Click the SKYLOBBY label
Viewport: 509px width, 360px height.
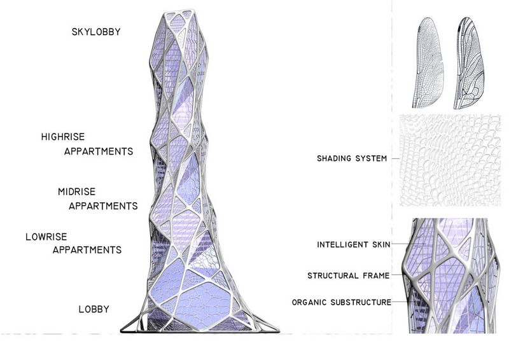click(96, 32)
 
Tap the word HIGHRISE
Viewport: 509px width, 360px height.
click(63, 137)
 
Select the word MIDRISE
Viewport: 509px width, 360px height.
click(76, 191)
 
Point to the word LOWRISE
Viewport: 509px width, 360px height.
click(46, 237)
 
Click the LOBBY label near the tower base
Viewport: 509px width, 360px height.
click(94, 309)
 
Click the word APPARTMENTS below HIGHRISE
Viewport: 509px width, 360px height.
click(99, 151)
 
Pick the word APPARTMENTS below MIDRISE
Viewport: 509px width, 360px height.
click(103, 206)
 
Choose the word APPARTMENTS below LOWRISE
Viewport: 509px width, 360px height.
click(87, 250)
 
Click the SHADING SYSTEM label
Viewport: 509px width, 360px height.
click(352, 158)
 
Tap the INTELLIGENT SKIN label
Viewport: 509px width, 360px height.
click(354, 244)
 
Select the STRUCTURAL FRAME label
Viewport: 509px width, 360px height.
click(348, 275)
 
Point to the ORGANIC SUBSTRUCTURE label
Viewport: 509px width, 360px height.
click(342, 302)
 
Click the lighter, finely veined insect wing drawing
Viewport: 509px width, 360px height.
click(428, 62)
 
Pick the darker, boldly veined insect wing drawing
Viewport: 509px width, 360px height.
click(468, 62)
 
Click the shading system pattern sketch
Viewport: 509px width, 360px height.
click(450, 160)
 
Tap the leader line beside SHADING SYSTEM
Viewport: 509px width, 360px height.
click(395, 159)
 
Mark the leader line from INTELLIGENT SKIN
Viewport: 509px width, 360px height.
click(408, 244)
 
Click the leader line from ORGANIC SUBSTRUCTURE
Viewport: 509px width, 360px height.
click(400, 302)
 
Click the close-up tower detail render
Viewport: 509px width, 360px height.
click(450, 275)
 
